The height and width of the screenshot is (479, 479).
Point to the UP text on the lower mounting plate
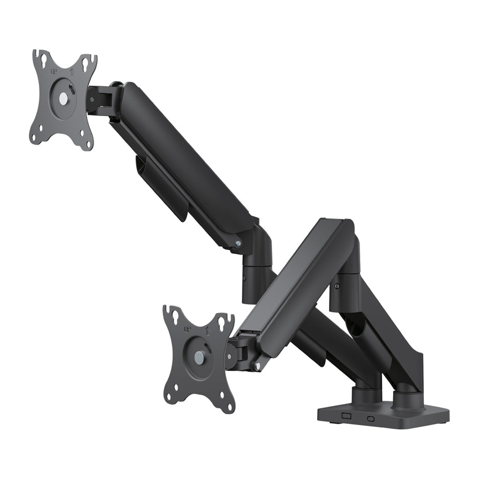[187, 330]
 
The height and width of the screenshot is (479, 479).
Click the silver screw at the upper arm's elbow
[238, 243]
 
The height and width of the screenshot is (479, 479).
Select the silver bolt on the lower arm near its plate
[258, 365]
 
